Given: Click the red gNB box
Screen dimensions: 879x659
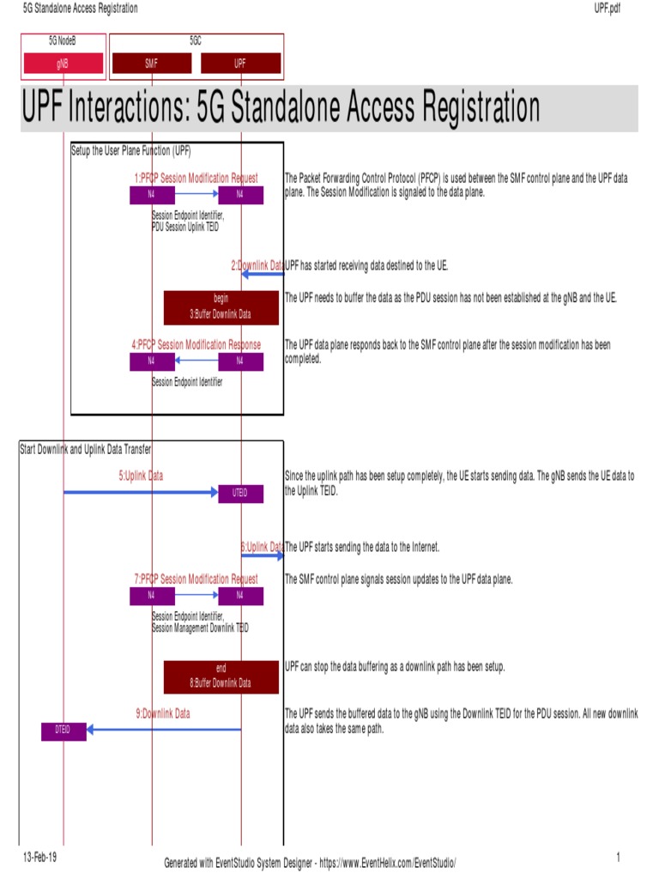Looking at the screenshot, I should click(63, 64).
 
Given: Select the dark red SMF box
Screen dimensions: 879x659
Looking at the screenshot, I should click(151, 64).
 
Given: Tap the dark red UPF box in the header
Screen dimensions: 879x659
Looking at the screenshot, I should click(240, 64).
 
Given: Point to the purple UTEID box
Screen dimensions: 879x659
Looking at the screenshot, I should click(240, 493).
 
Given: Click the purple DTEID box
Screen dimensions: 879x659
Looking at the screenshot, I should click(63, 730).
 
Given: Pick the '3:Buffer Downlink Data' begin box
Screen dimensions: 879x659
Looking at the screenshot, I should click(221, 308).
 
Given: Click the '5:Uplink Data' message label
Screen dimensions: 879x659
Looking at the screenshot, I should click(141, 475).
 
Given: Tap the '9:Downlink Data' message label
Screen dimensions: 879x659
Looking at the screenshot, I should click(163, 713).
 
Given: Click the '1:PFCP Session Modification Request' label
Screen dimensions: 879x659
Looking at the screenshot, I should click(195, 179).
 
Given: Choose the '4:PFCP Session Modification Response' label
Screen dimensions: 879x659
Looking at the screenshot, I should click(196, 344).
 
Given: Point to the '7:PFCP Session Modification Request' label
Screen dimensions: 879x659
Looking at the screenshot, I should click(195, 579).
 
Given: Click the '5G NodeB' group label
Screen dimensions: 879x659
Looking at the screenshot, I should click(63, 40).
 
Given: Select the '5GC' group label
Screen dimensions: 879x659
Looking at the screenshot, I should click(196, 40).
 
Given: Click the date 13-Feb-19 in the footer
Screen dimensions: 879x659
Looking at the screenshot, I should click(39, 858).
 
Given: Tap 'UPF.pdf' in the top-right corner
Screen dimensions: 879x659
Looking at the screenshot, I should click(608, 8).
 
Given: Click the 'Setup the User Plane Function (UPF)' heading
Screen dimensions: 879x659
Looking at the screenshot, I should click(130, 151).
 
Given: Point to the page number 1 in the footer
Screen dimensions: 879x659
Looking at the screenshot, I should click(618, 858).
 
